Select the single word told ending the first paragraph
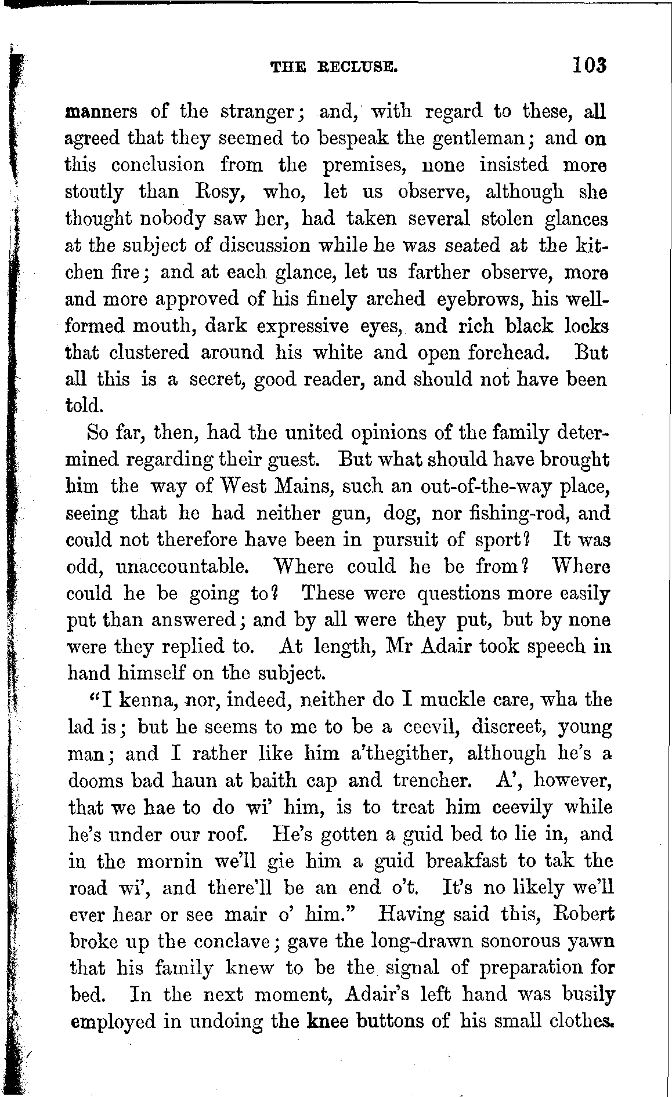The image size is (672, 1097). tap(85, 405)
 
